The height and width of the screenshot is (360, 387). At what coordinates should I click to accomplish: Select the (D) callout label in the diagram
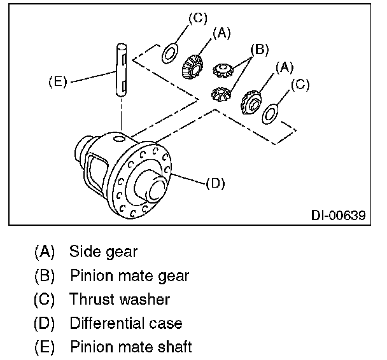pos(216,183)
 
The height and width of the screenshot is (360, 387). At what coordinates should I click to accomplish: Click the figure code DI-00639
pos(338,215)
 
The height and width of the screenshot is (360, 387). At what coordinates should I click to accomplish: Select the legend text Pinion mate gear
pos(129,275)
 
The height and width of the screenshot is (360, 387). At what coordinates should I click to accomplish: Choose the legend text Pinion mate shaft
pos(130,347)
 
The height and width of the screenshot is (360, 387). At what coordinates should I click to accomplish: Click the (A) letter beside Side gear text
pos(44,251)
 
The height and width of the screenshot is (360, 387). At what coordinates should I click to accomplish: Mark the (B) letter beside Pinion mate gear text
pos(44,275)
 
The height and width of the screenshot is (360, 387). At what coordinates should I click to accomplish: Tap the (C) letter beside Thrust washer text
pos(44,299)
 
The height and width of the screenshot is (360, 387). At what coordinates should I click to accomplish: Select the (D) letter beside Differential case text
pos(44,323)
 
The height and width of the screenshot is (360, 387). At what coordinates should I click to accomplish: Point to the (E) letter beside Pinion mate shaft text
pos(44,347)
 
